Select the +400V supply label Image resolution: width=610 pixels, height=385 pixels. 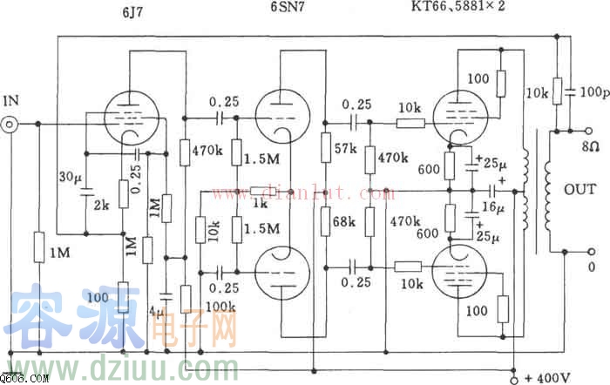tap(548, 378)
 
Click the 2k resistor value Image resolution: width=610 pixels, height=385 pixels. tap(101, 206)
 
